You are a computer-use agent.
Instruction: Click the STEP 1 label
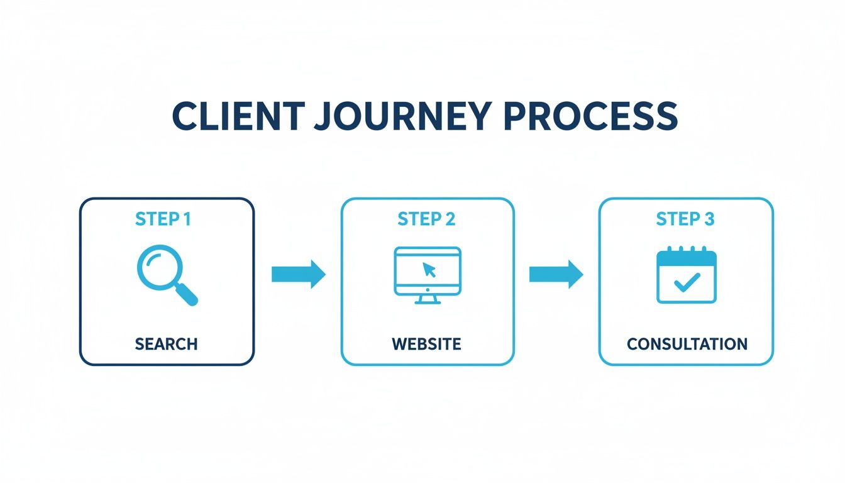(x=163, y=219)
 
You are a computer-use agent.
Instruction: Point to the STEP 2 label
(x=427, y=219)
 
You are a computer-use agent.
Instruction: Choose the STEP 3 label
(x=685, y=219)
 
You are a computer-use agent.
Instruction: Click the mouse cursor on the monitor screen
(x=429, y=270)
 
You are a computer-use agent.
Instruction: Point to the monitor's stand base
(x=428, y=302)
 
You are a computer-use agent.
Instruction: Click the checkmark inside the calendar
(x=686, y=282)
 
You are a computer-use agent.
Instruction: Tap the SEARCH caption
(x=166, y=344)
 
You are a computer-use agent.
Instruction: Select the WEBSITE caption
(x=427, y=344)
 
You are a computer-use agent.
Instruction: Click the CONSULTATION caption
(x=687, y=344)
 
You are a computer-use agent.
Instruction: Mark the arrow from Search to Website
(x=298, y=274)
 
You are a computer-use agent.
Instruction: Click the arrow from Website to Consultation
(x=556, y=274)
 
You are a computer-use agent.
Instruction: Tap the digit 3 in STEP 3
(x=709, y=219)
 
